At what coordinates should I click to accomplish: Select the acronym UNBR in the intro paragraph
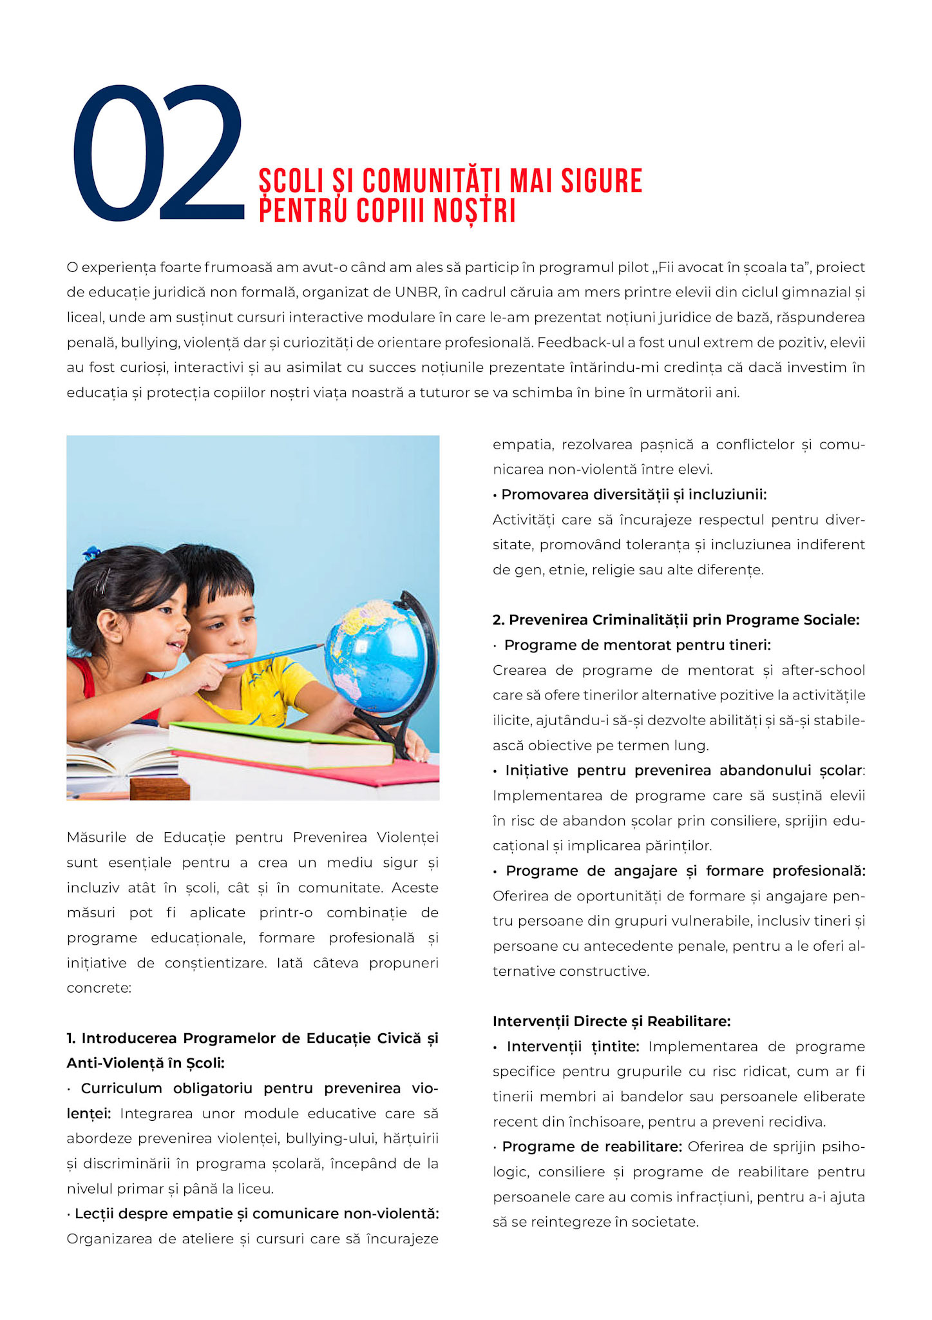[x=416, y=293]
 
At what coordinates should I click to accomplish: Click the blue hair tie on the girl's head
[x=92, y=553]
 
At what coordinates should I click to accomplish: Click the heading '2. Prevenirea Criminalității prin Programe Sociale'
[x=676, y=620]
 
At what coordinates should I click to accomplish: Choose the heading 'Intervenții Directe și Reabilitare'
[x=611, y=1022]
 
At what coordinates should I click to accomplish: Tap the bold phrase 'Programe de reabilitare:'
[x=592, y=1147]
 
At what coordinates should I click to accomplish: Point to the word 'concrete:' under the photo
[x=99, y=988]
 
